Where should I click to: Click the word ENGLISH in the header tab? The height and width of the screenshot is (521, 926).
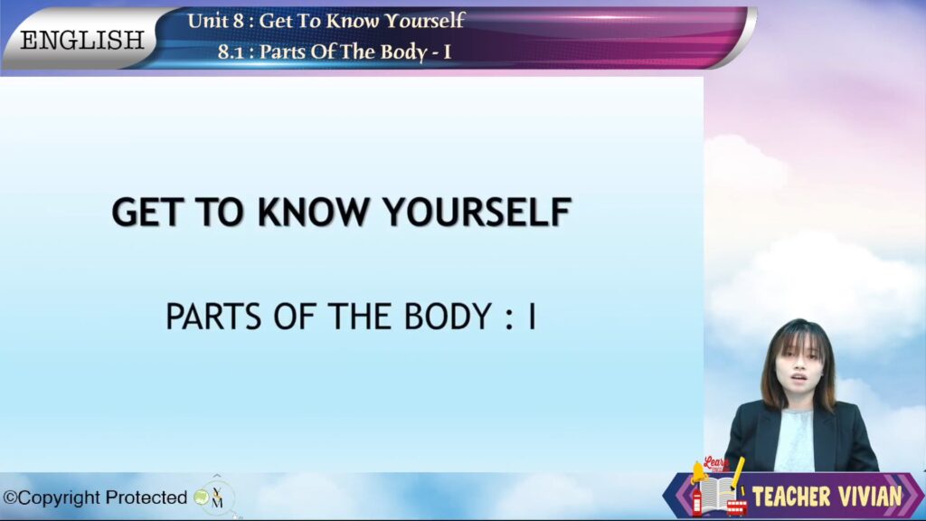click(x=82, y=40)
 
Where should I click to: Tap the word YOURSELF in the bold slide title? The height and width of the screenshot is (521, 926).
click(x=477, y=212)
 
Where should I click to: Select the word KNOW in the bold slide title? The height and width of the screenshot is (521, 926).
click(x=313, y=212)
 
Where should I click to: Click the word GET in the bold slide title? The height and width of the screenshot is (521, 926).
click(x=146, y=212)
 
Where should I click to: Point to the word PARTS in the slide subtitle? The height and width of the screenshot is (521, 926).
click(x=213, y=317)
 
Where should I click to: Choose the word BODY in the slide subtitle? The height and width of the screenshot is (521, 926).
click(x=448, y=317)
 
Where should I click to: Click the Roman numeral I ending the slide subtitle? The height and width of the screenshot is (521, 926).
click(x=532, y=317)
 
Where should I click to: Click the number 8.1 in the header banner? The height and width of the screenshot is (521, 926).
click(x=231, y=52)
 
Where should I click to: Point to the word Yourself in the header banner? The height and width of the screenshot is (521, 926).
click(x=425, y=22)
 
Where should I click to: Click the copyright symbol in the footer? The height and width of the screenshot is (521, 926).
click(x=10, y=498)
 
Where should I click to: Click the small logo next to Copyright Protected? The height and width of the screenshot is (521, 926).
click(x=212, y=497)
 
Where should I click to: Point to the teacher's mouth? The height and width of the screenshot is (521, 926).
click(x=799, y=377)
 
